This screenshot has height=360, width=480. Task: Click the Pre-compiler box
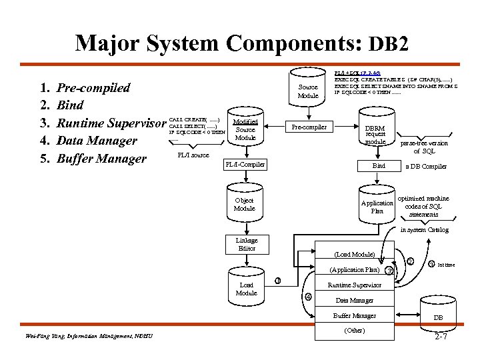tap(308, 127)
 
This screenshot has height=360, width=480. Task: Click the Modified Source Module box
tap(245, 129)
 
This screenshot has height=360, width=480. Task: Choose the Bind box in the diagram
tap(379, 165)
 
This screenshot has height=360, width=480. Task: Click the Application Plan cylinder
tap(377, 205)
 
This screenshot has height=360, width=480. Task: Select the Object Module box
tap(245, 204)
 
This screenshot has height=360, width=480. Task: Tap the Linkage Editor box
tap(246, 245)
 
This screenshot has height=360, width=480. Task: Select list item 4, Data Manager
tap(97, 141)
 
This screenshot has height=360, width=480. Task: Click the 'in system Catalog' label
tap(424, 230)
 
